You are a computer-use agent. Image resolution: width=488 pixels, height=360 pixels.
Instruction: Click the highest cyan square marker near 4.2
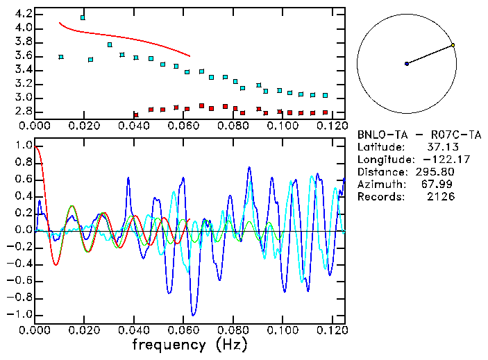(83, 17)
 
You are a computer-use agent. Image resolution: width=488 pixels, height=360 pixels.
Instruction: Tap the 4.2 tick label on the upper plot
(23, 14)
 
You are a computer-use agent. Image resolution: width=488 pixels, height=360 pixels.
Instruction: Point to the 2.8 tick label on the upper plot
(23, 111)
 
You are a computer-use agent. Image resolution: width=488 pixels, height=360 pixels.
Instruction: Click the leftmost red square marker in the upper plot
(136, 115)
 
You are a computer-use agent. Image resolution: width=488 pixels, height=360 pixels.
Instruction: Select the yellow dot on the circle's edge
(453, 45)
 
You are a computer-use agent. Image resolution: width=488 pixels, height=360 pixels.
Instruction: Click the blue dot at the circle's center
(407, 64)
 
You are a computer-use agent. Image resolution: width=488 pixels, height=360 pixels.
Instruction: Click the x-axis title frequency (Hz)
(190, 345)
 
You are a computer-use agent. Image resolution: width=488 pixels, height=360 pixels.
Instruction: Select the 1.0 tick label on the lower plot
(23, 146)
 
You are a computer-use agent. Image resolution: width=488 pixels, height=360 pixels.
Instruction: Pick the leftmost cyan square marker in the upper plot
(61, 57)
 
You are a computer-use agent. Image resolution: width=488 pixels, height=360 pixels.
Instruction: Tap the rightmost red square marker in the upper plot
(325, 112)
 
